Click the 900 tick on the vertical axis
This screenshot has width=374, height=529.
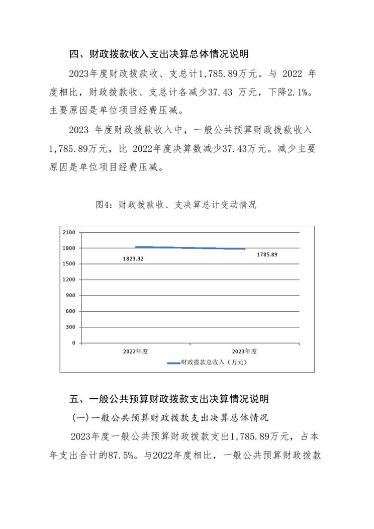(x=70, y=296)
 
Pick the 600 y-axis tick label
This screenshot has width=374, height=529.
(x=70, y=311)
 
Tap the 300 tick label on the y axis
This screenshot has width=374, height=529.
(x=70, y=327)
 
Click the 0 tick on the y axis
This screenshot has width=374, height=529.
(x=73, y=343)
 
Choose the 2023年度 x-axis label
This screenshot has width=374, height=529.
(x=245, y=351)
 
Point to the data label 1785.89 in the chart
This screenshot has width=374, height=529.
(x=266, y=254)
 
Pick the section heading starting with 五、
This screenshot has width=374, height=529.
(x=169, y=399)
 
